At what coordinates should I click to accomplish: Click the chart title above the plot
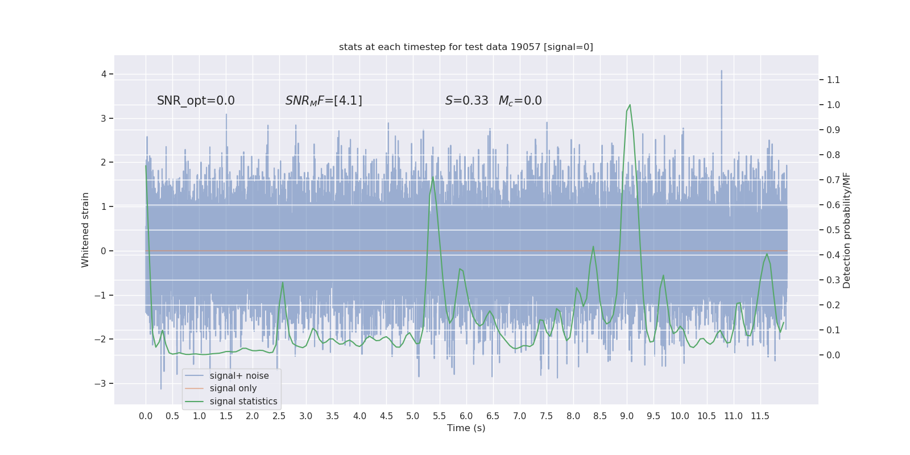(x=466, y=47)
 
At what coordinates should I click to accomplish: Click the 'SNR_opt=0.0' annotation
(x=196, y=101)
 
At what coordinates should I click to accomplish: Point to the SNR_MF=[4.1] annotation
(x=324, y=101)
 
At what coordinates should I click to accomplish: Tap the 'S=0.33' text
(x=466, y=101)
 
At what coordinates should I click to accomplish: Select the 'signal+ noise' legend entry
(x=239, y=375)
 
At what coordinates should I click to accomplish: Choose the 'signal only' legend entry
(x=233, y=388)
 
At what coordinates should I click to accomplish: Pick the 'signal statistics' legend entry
(x=243, y=402)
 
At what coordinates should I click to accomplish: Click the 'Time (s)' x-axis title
(x=466, y=428)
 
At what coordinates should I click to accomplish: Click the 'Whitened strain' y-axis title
(x=85, y=230)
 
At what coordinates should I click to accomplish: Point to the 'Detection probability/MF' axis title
(x=847, y=230)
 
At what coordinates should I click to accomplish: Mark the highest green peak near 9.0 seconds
(x=630, y=105)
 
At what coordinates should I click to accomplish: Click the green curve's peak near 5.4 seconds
(x=433, y=177)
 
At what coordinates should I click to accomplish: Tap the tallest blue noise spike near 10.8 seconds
(x=722, y=71)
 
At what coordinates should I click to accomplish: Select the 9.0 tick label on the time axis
(x=627, y=416)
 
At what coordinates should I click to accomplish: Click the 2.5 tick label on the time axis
(x=279, y=416)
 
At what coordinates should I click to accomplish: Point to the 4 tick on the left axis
(x=104, y=74)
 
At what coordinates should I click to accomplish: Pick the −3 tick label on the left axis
(x=100, y=383)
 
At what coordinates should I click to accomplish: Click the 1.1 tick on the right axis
(x=833, y=80)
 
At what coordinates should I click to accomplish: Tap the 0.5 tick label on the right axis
(x=833, y=230)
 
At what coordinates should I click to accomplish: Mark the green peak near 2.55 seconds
(x=283, y=282)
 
